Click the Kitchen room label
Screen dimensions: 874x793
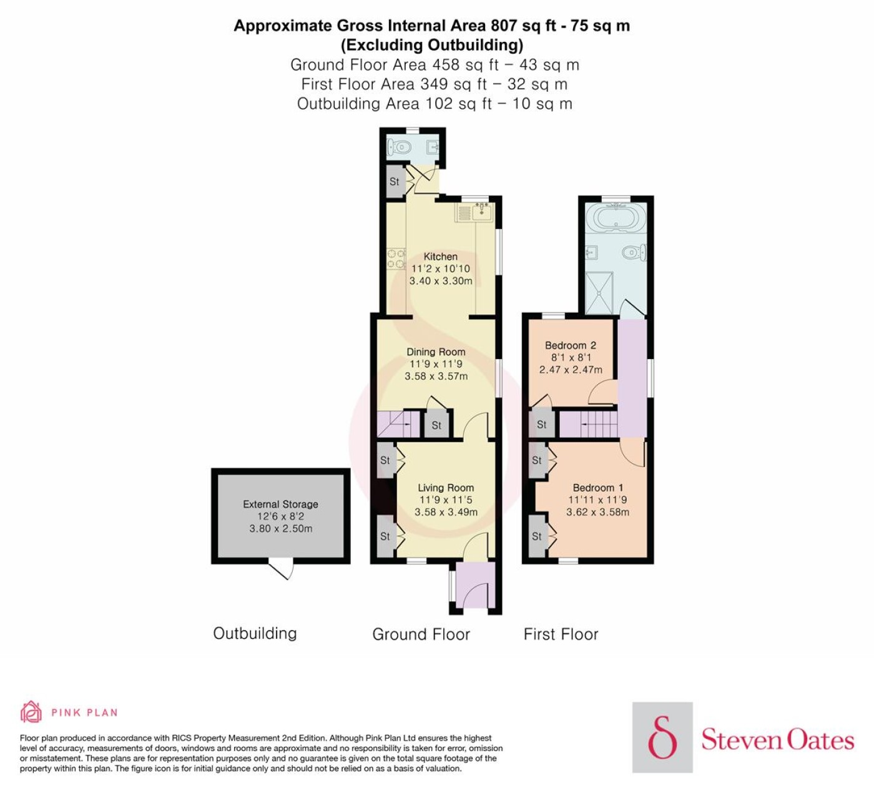click(441, 257)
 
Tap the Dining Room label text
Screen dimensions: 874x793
click(436, 352)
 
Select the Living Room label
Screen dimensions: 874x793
click(446, 488)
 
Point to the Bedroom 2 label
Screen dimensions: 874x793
click(571, 345)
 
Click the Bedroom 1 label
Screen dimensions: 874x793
click(598, 488)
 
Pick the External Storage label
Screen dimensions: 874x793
click(280, 504)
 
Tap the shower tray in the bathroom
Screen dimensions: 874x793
click(599, 293)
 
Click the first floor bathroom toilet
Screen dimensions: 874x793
click(632, 252)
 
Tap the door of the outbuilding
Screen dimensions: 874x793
click(282, 568)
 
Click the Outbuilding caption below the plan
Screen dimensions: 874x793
click(255, 633)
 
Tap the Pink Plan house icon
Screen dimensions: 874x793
click(31, 712)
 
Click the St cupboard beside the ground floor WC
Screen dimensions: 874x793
click(395, 181)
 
